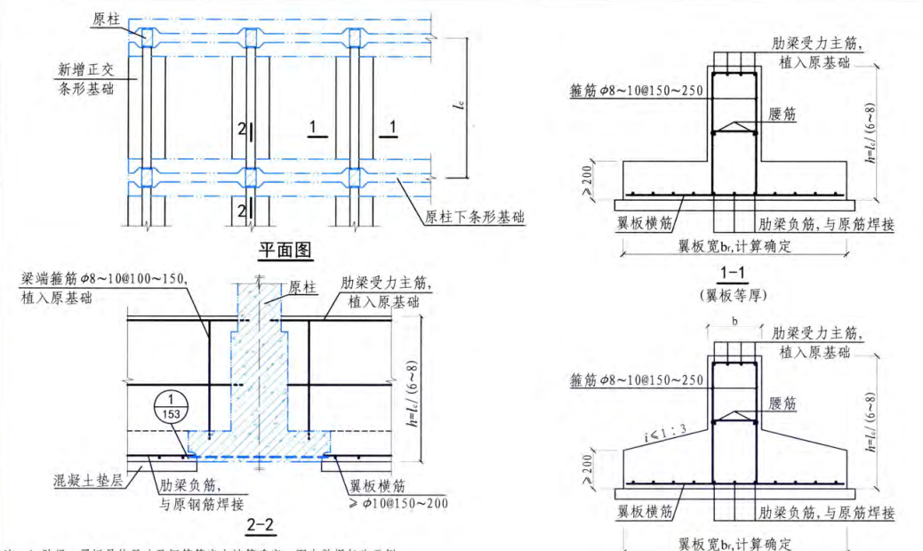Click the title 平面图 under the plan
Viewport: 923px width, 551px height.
285,251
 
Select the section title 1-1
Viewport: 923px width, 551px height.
734,274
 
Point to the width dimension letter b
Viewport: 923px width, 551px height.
734,319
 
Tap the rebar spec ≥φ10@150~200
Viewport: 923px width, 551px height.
396,504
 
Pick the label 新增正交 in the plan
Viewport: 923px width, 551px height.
84,68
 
